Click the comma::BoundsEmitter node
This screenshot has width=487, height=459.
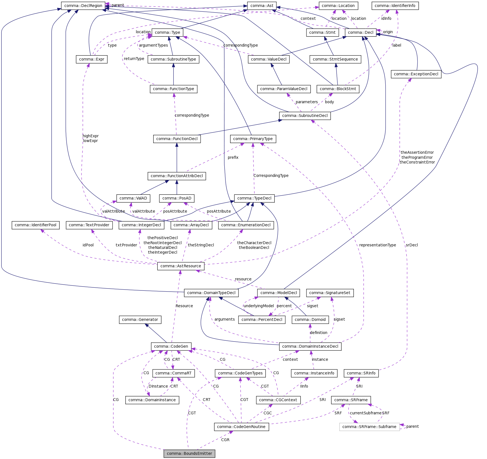(189, 453)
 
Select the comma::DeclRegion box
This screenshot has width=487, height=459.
(83, 6)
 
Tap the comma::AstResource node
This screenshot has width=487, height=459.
(181, 266)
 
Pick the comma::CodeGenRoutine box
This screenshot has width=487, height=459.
(241, 427)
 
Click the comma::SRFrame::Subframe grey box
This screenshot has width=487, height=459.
(369, 427)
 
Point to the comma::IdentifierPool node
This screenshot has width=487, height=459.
(35, 225)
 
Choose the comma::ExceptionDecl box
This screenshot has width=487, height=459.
(416, 74)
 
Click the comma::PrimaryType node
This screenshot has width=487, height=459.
(253, 139)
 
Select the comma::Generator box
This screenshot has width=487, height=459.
(140, 319)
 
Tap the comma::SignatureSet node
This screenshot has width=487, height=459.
(330, 293)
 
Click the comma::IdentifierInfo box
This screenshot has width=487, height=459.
(395, 6)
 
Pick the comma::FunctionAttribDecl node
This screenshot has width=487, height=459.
(177, 176)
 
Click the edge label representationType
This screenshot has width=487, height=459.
(377, 245)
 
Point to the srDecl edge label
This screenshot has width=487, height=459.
(411, 245)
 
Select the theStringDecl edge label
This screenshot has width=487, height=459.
(201, 245)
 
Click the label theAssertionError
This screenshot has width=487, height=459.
(417, 152)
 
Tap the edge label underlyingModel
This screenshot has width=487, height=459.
(259, 306)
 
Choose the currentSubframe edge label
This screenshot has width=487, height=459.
(366, 413)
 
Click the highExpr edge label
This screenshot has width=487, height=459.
(91, 136)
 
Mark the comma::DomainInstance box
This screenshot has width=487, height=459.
(152, 400)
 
